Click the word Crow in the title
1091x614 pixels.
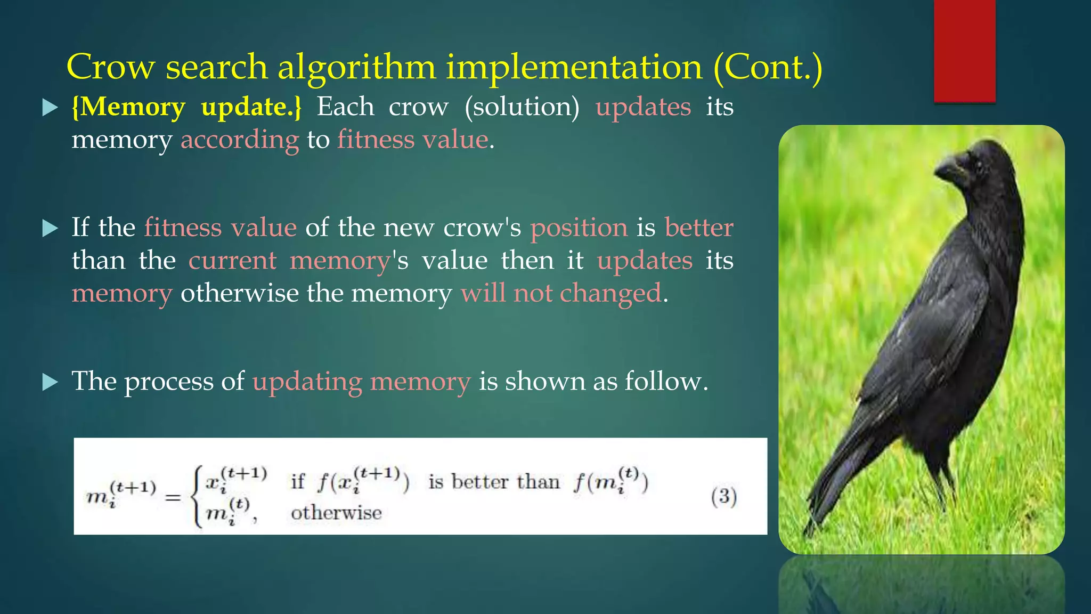point(110,68)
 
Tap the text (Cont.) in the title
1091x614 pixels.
point(768,68)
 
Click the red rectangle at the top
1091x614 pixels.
point(964,51)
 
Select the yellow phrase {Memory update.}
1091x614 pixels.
point(186,107)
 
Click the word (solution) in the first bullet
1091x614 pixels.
point(522,107)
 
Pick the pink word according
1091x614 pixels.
point(240,140)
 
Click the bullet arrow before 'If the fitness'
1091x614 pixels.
point(50,229)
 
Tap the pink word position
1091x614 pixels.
point(579,228)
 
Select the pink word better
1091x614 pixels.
point(699,228)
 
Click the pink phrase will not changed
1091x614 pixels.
point(561,294)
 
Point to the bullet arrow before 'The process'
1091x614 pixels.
point(50,382)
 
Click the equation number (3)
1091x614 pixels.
point(723,497)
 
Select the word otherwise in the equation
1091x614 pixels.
point(336,513)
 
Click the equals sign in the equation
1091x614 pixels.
point(173,498)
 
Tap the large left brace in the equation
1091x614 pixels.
point(198,497)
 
